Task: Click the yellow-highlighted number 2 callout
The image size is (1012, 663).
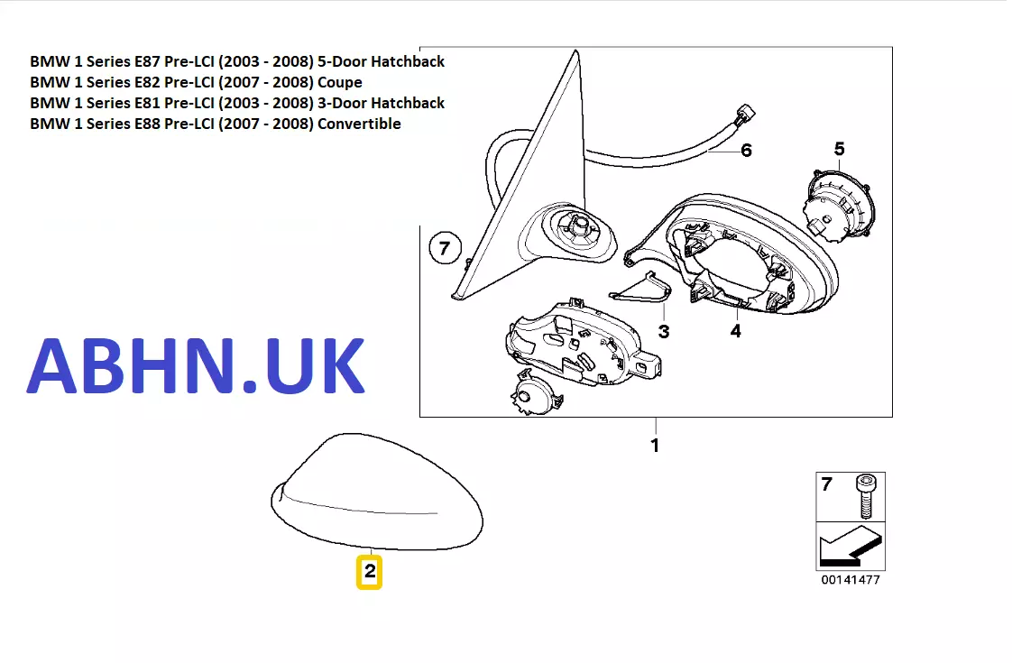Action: click(x=369, y=572)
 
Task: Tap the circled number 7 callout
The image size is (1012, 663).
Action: click(x=445, y=249)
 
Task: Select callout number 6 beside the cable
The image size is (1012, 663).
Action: click(x=746, y=151)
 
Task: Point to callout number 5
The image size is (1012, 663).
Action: click(x=839, y=149)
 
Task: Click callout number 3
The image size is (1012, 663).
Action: click(x=664, y=332)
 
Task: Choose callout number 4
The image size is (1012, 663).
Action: click(x=736, y=331)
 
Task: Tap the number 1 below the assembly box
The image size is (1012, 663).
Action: click(x=655, y=446)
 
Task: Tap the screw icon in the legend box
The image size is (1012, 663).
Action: click(x=866, y=496)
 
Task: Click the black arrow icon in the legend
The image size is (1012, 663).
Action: click(x=851, y=546)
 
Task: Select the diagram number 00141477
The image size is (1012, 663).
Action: click(x=851, y=580)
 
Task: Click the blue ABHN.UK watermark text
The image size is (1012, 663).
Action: click(x=196, y=365)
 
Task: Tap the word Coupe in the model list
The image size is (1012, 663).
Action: click(x=339, y=83)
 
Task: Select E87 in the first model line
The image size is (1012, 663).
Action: click(x=147, y=61)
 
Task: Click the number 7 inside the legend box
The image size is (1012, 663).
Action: click(x=827, y=484)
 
